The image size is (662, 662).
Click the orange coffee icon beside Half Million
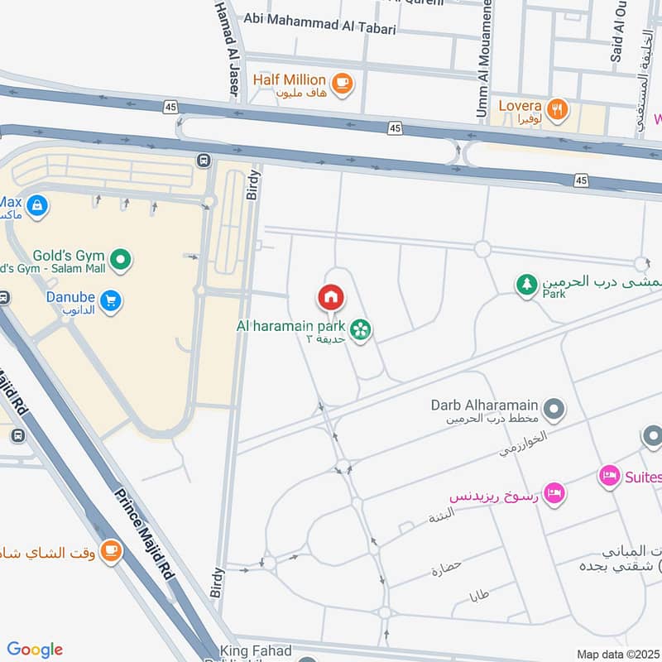point(341,82)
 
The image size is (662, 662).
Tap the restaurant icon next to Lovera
point(558,108)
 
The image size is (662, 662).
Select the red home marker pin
point(330,297)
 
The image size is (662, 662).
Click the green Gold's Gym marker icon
point(122,261)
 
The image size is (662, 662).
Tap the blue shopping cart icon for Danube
point(109,301)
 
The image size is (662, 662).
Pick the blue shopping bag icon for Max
point(36,205)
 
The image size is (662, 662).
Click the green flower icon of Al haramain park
point(361,329)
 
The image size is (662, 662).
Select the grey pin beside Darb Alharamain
point(554,408)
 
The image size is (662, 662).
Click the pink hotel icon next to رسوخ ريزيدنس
point(554,492)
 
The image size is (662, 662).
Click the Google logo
point(35,650)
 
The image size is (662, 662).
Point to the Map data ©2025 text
point(618,655)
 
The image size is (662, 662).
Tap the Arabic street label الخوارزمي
point(523,444)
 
